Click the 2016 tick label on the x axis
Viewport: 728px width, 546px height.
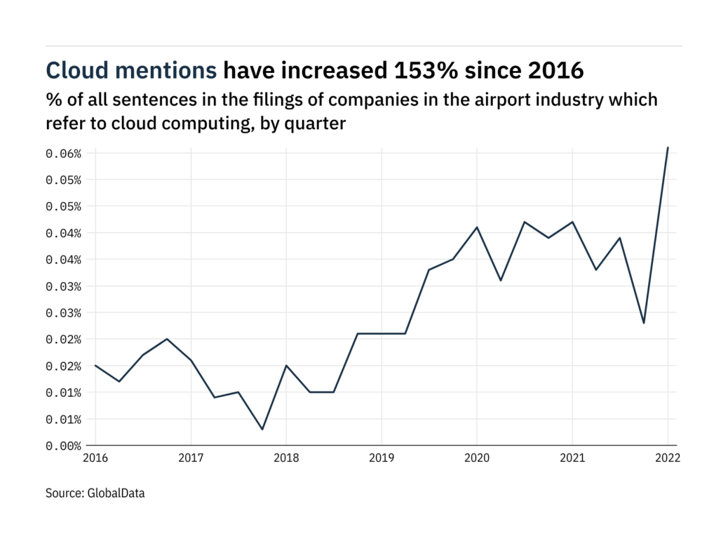95,458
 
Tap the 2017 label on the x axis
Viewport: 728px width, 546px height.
190,458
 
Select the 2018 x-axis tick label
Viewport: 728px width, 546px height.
285,458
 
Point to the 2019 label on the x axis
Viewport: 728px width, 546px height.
381,458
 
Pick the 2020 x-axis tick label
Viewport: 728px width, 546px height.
476,458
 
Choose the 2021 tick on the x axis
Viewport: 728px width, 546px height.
572,458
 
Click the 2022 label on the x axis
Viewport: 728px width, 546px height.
667,458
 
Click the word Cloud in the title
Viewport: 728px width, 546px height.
74,70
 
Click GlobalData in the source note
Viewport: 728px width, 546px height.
116,493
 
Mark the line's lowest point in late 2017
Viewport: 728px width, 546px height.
262,430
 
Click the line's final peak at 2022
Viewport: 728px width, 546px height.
668,147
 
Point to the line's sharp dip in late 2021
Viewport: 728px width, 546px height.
644,323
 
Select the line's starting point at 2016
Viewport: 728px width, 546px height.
95,365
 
